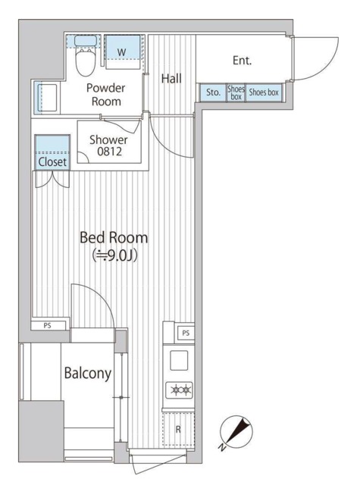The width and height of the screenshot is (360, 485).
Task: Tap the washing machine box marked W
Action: click(123, 52)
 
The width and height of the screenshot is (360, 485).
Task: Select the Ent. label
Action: click(243, 61)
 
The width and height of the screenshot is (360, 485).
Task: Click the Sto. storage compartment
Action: click(214, 92)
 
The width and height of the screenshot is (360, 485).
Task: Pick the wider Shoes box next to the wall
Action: click(264, 92)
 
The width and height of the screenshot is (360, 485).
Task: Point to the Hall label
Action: click(171, 79)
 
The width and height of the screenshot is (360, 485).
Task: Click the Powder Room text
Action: click(106, 95)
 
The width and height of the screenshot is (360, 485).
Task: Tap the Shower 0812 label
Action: click(108, 145)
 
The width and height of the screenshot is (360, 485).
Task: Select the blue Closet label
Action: click(52, 161)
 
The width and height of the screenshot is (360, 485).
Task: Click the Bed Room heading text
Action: click(114, 237)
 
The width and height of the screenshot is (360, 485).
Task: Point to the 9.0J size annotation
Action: click(114, 255)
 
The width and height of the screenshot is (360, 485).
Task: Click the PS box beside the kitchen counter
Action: click(186, 333)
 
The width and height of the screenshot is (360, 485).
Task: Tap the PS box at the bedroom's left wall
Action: click(48, 325)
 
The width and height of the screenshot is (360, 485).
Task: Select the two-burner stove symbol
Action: click(180, 390)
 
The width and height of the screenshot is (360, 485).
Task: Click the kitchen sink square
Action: click(179, 360)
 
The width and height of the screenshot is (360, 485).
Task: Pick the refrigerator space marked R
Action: click(178, 429)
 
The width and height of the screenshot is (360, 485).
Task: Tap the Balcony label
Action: click(87, 373)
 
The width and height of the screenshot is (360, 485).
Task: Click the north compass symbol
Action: click(236, 432)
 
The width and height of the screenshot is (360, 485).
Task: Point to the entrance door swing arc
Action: click(328, 67)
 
